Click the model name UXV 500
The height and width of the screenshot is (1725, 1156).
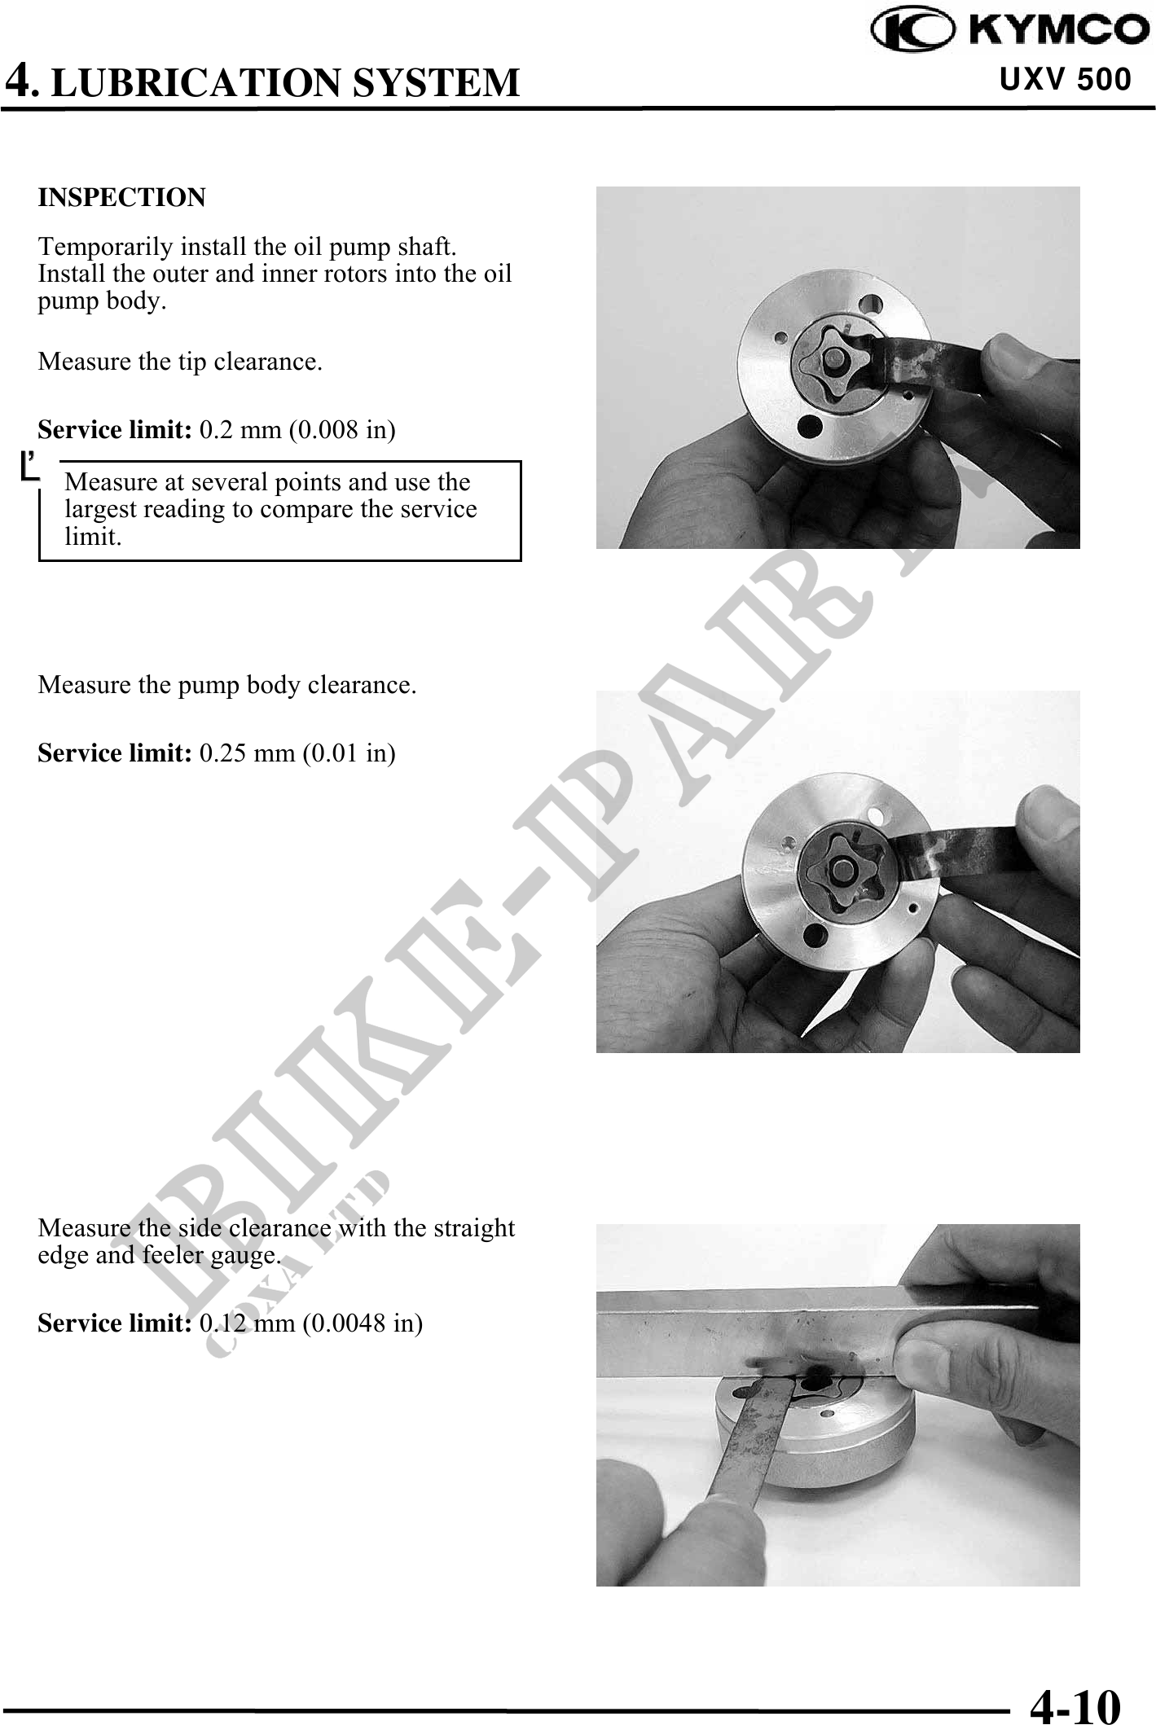pos(1065,80)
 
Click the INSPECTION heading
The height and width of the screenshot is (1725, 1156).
pos(122,197)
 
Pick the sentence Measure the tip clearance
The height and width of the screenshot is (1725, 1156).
pos(180,361)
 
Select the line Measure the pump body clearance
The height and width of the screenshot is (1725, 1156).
pos(227,685)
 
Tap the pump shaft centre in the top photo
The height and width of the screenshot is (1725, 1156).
pos(833,357)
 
